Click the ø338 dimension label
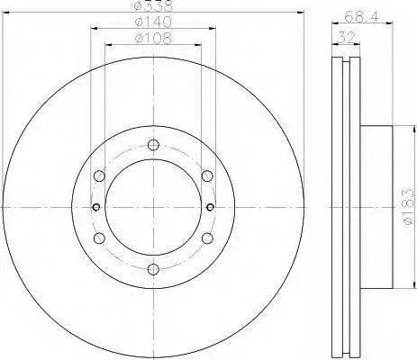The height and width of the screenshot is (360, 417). point(153,4)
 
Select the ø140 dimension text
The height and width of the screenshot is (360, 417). point(153,22)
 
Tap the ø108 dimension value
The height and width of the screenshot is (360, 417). point(153,39)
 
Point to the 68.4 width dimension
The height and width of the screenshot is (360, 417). point(362,15)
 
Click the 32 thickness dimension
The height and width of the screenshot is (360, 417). point(347,38)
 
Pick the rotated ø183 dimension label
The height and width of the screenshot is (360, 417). point(410,207)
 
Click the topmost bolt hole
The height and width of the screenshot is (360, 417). point(153,145)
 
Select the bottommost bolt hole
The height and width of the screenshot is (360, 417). point(153,269)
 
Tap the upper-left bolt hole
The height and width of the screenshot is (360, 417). point(100,176)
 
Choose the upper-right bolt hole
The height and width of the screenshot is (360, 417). point(207,176)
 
